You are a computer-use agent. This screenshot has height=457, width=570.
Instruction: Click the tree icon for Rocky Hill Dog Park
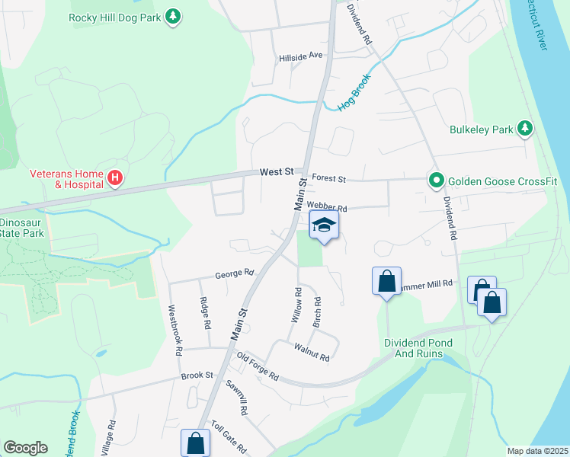[174, 17]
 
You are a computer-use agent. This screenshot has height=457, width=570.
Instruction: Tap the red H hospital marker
[114, 179]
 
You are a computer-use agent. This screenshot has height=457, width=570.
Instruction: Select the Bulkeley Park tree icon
[524, 129]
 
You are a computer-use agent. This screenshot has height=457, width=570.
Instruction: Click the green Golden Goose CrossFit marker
[436, 181]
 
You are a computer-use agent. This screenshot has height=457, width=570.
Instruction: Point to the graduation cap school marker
[325, 225]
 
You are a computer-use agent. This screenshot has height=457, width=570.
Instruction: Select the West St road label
[276, 173]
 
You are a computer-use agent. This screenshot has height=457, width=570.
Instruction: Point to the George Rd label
[234, 273]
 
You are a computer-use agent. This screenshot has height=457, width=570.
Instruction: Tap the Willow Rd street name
[296, 305]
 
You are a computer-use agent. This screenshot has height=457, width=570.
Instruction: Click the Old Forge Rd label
[258, 366]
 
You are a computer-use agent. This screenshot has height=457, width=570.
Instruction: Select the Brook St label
[197, 376]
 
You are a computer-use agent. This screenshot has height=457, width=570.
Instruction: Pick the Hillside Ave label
[301, 56]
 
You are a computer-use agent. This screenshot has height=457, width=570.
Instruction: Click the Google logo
[25, 448]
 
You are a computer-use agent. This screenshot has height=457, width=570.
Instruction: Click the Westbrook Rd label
[175, 331]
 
